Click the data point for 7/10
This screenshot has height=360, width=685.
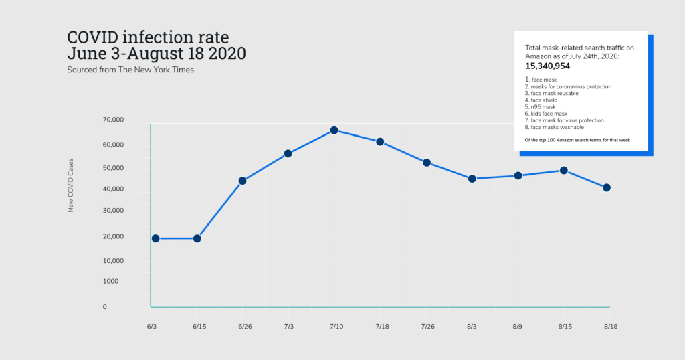point(334,130)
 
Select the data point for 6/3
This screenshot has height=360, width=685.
point(155,238)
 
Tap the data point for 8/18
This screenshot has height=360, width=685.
point(607,187)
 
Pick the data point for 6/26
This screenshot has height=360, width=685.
point(242,181)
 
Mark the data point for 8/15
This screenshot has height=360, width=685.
point(563,171)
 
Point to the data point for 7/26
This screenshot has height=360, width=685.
point(426,163)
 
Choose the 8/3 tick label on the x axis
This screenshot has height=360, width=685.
point(472,326)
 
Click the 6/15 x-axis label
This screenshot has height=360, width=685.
point(199,326)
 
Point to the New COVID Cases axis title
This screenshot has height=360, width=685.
point(71,187)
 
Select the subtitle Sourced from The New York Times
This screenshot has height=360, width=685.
point(130,70)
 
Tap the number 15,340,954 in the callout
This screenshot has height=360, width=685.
point(547,66)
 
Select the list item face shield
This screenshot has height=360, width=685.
point(544,100)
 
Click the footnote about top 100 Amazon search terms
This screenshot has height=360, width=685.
point(577,139)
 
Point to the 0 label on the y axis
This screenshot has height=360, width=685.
point(105,307)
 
